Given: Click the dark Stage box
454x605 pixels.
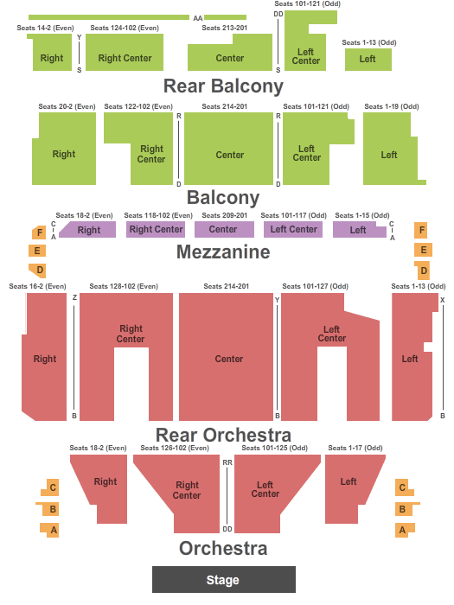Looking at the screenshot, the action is tap(223, 579).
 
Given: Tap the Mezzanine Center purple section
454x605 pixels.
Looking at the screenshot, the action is tap(224, 229).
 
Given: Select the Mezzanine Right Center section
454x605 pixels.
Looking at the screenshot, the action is tap(156, 229).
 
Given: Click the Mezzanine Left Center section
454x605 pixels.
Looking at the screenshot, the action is tap(293, 229).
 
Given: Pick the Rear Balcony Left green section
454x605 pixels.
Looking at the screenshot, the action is tap(368, 60).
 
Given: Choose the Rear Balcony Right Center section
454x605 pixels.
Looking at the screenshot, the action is tap(125, 52).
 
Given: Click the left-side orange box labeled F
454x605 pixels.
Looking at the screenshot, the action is tap(39, 232).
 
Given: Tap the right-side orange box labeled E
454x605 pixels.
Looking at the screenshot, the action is tap(423, 250).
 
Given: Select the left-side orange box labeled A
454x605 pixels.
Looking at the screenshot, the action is tap(50, 530).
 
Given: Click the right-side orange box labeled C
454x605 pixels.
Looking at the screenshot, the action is tap(404, 487).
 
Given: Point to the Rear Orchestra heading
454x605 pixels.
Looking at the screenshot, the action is tap(223, 435).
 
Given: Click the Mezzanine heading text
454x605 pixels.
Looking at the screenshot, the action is tap(223, 252).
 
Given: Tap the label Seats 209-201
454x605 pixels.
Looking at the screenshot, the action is tap(224, 215).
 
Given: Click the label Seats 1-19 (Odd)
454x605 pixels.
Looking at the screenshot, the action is tap(392, 106).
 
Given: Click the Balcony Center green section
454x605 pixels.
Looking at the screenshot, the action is tap(228, 149).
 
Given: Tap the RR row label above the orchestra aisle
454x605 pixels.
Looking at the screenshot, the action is tap(227, 462).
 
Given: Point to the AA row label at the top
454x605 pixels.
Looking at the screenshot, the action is tap(198, 18).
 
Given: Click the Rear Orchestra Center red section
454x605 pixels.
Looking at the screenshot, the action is tap(226, 357).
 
